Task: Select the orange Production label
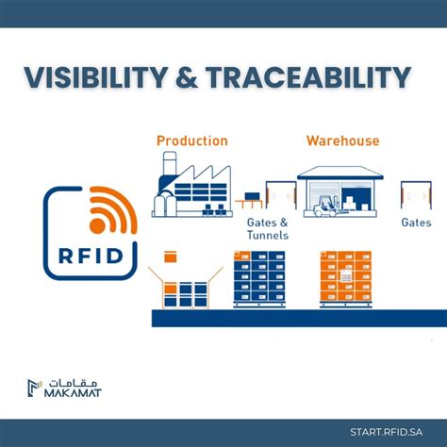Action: pos(191,141)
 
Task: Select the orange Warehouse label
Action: pos(342,141)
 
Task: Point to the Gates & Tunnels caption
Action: pos(269,228)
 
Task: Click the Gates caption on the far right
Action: pos(416,223)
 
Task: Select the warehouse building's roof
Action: pos(340,173)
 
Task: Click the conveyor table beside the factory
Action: pos(249,201)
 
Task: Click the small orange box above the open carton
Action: pos(171,256)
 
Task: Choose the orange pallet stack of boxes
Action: pos(346,277)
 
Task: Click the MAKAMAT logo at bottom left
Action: pos(65,386)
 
